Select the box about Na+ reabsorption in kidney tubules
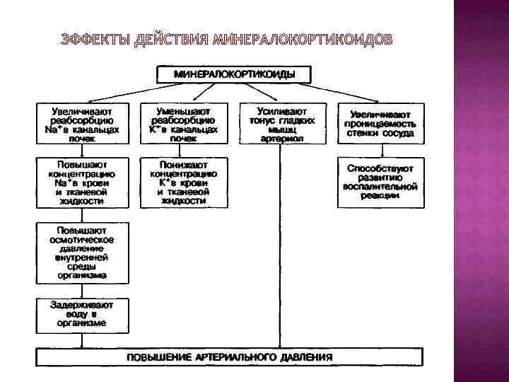[81, 125]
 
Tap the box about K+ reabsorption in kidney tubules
[183, 125]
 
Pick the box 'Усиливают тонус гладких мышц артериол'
[281, 125]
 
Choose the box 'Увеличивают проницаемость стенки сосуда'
[380, 125]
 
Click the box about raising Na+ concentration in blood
[81, 182]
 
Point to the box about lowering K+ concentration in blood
[183, 182]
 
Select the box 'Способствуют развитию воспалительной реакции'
[380, 182]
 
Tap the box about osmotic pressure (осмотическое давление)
[81, 253]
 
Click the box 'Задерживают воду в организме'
[81, 313]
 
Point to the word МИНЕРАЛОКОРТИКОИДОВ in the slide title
[301, 37]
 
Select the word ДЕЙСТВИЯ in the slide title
[170, 37]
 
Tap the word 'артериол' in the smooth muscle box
[281, 139]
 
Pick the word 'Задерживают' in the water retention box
[81, 304]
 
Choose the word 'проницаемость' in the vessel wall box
[380, 124]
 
